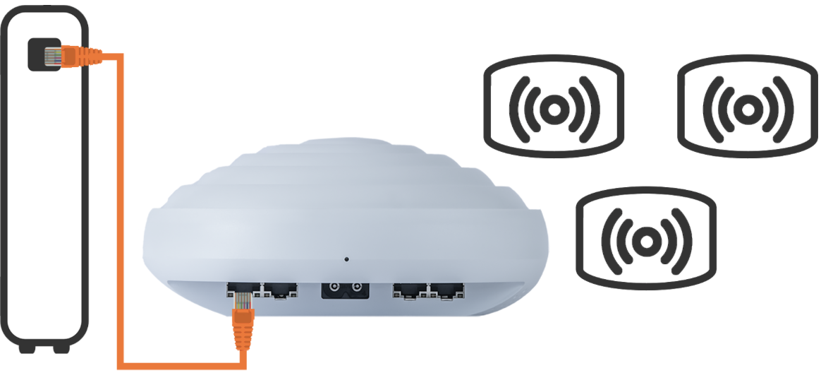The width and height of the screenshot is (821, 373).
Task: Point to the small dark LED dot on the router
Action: pyautogui.click(x=346, y=259)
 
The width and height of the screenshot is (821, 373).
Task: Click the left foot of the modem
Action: pyautogui.click(x=28, y=348)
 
